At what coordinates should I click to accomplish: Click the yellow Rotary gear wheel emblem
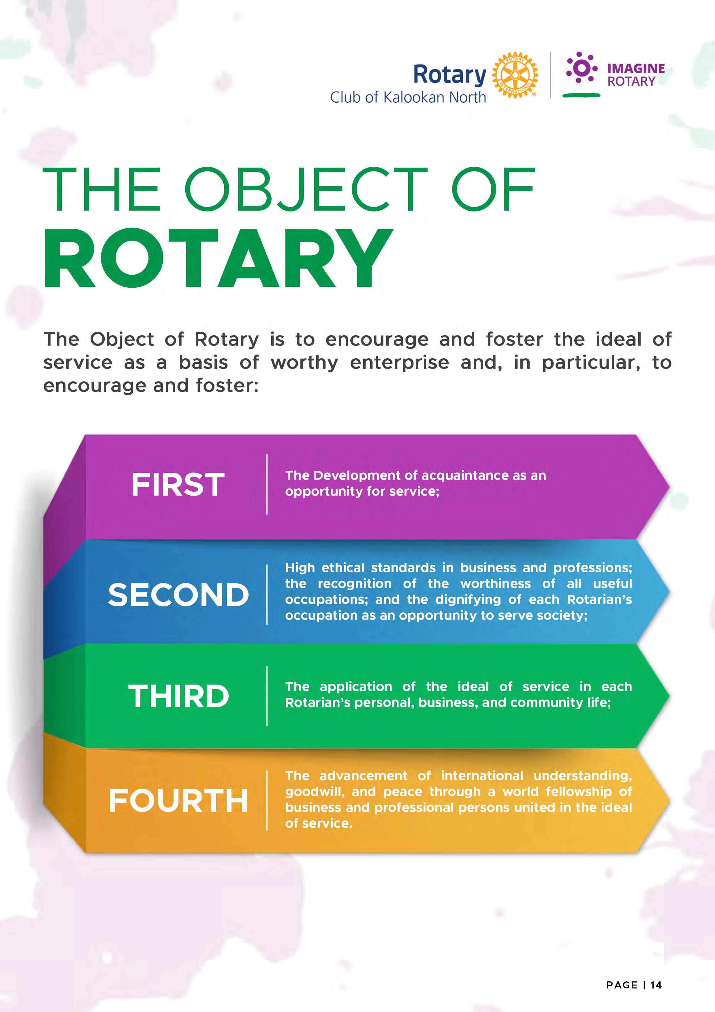click(515, 75)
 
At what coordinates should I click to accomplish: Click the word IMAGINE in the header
click(636, 68)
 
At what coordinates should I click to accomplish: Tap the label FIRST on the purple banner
click(178, 485)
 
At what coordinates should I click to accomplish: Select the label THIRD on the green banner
click(178, 696)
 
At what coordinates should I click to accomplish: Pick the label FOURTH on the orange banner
click(178, 801)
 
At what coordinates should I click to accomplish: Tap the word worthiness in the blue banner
click(496, 584)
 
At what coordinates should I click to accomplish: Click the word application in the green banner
click(355, 687)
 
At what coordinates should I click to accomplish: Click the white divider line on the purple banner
click(267, 484)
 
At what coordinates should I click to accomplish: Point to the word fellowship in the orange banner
click(578, 791)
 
